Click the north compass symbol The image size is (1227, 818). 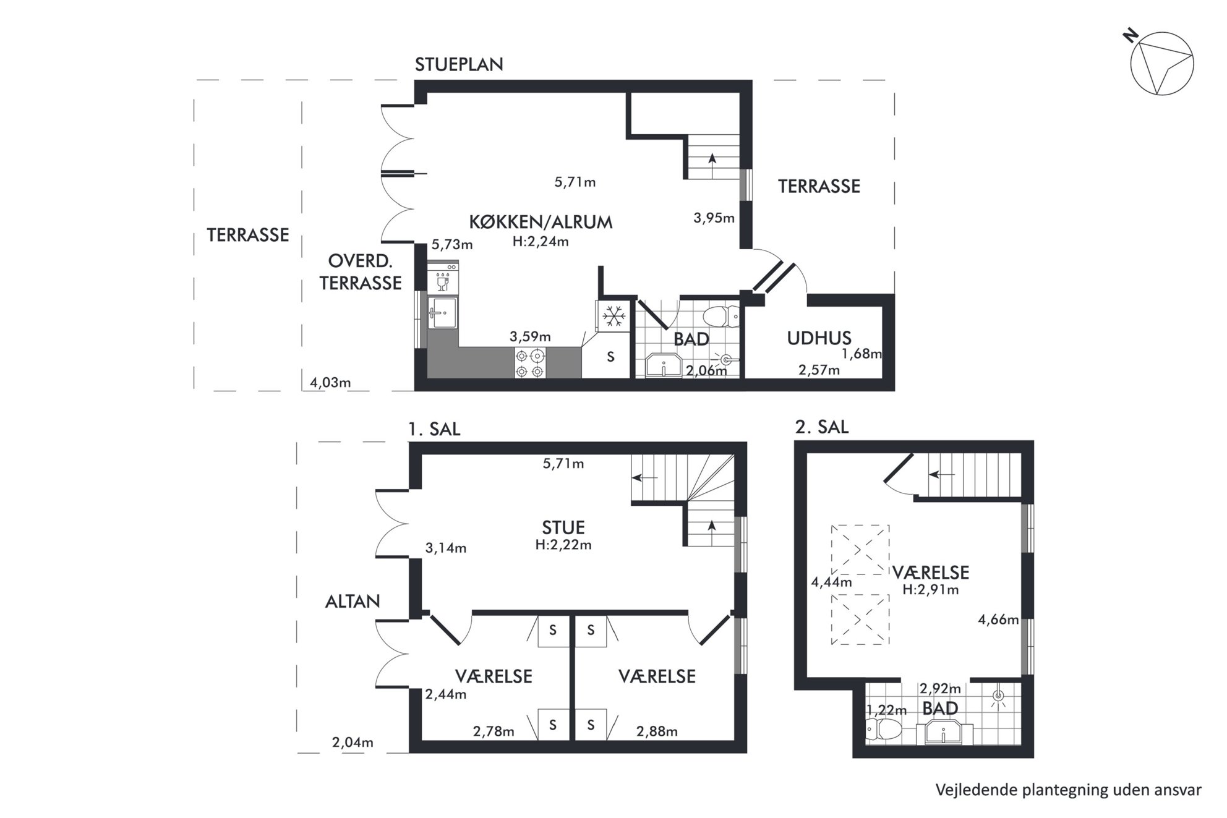click(1161, 64)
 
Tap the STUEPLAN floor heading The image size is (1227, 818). click(459, 65)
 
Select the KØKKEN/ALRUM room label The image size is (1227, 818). click(541, 222)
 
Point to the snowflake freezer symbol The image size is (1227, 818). click(613, 317)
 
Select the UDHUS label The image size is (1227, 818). click(819, 338)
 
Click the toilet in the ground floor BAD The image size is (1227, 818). click(721, 317)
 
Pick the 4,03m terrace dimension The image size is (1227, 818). click(330, 383)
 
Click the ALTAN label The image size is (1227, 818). click(353, 601)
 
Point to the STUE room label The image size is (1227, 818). click(563, 527)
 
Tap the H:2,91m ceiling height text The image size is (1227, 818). click(931, 590)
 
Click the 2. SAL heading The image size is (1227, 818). click(822, 427)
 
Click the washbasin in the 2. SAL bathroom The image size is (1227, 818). click(943, 733)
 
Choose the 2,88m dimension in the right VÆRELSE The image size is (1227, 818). click(657, 731)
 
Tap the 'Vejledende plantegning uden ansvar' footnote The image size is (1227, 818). click(1068, 790)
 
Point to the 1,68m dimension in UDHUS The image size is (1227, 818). click(861, 354)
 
